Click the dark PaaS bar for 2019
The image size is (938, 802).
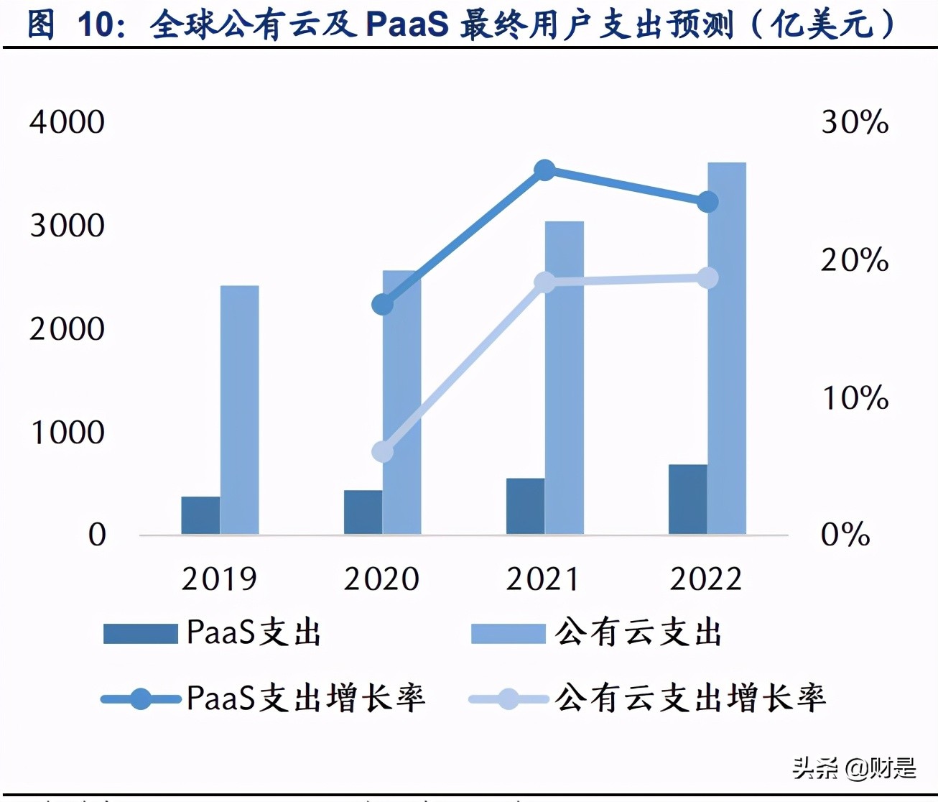point(200,515)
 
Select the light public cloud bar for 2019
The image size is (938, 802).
point(239,410)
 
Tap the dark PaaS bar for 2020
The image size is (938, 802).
point(363,512)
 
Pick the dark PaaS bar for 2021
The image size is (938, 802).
point(525,506)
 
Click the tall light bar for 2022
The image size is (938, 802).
point(727,349)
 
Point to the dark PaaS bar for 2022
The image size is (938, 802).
point(687,499)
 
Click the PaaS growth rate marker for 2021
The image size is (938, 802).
point(545,170)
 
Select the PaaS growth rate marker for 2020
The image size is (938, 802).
point(383,305)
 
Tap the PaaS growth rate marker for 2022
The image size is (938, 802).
point(708,202)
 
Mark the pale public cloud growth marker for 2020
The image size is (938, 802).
point(383,451)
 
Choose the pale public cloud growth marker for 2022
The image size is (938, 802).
point(708,278)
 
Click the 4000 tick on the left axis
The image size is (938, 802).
point(67,122)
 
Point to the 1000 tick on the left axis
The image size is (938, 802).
point(67,433)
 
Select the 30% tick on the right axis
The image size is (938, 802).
point(855,122)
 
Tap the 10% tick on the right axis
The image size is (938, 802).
point(855,398)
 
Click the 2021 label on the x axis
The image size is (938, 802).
point(543,579)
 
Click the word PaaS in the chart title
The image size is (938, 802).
point(407,24)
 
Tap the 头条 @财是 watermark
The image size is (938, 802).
point(855,768)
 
